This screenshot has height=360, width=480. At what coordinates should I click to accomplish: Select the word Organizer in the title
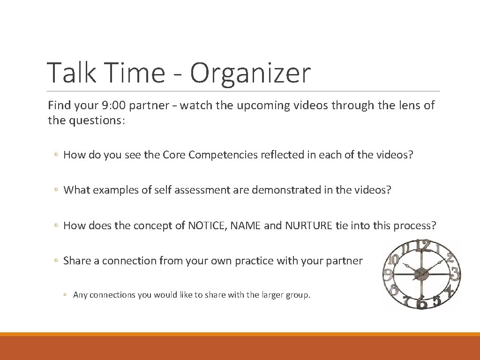[x=250, y=74]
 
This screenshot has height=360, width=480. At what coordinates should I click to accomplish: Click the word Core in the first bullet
[x=174, y=155]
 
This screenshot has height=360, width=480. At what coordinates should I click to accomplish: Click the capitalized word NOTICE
[x=207, y=225]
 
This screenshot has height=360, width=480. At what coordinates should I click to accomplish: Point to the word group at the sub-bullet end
[x=299, y=295]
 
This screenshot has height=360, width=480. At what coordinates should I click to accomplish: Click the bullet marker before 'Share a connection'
[x=56, y=261]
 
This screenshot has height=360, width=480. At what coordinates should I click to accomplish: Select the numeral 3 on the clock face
[x=454, y=274]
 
